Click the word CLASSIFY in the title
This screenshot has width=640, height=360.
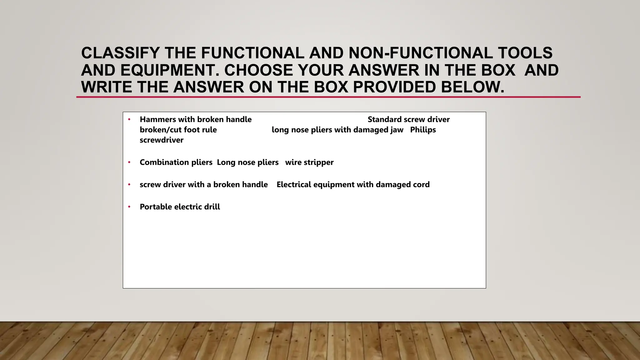[120, 53]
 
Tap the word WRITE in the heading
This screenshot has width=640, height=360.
[107, 87]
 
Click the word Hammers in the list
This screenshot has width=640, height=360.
[158, 119]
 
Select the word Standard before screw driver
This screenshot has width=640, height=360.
[384, 119]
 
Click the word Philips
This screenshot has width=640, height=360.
[423, 130]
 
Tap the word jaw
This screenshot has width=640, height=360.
[397, 130]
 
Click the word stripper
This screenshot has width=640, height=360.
[318, 162]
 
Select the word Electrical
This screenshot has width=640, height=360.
[294, 185]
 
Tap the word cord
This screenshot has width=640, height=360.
[421, 185]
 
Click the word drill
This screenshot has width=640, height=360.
[212, 207]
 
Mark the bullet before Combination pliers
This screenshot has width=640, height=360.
[129, 162]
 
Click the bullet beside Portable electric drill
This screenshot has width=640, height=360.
[129, 207]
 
